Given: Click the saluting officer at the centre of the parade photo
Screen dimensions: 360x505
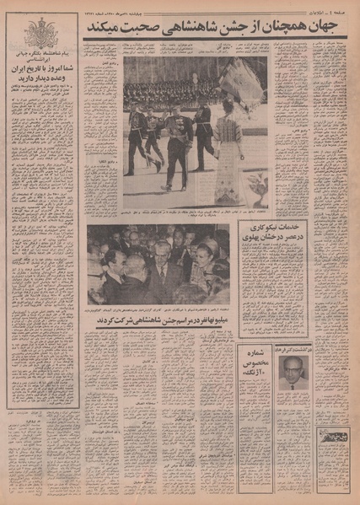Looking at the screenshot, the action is pyautogui.click(x=178, y=143).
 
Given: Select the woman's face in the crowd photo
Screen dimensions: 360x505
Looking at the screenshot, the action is pyautogui.click(x=204, y=254).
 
